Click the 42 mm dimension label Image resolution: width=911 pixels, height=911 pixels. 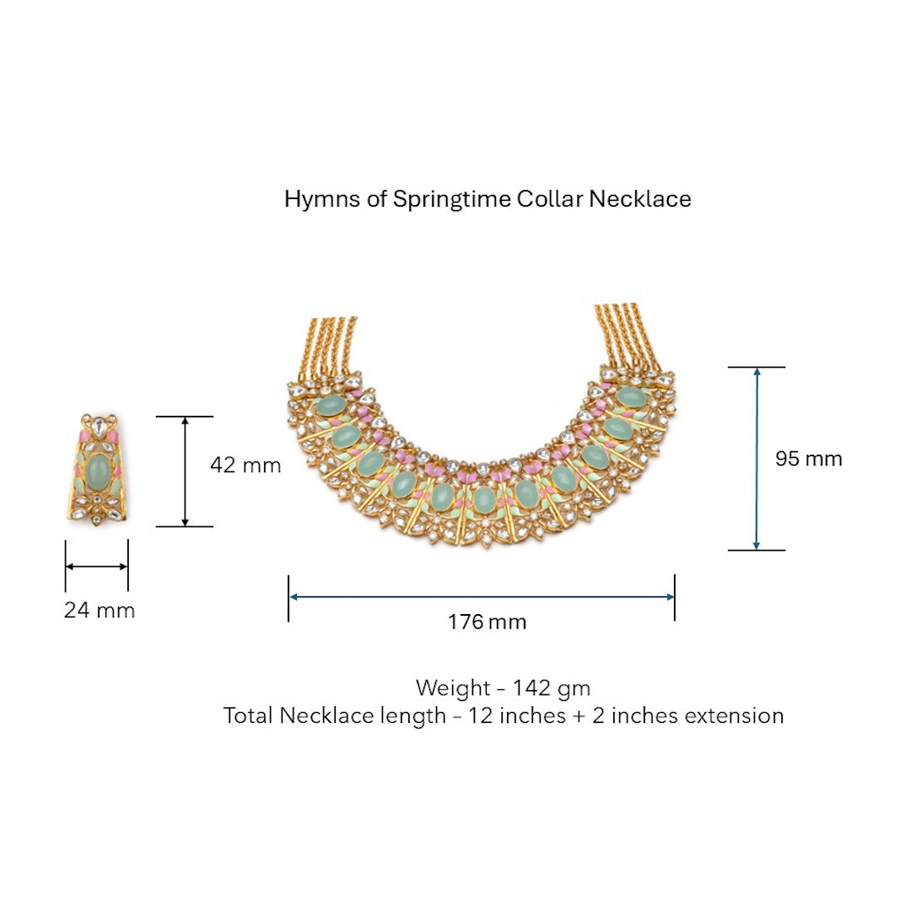point(245,465)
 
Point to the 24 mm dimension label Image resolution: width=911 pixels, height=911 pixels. point(99,610)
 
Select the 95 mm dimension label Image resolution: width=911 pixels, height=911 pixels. point(808,459)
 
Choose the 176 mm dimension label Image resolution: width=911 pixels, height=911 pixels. point(487,623)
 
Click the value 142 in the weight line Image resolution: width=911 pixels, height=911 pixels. point(532,688)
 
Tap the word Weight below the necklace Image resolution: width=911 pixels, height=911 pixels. point(452,688)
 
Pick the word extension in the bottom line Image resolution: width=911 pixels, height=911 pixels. point(734,716)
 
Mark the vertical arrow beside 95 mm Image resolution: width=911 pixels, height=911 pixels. point(757,459)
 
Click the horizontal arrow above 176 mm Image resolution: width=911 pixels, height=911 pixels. point(482,596)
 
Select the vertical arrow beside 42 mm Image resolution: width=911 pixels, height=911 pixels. point(185,472)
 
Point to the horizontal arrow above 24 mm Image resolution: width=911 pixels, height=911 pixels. point(97,566)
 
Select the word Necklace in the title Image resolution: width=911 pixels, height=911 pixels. point(640,199)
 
